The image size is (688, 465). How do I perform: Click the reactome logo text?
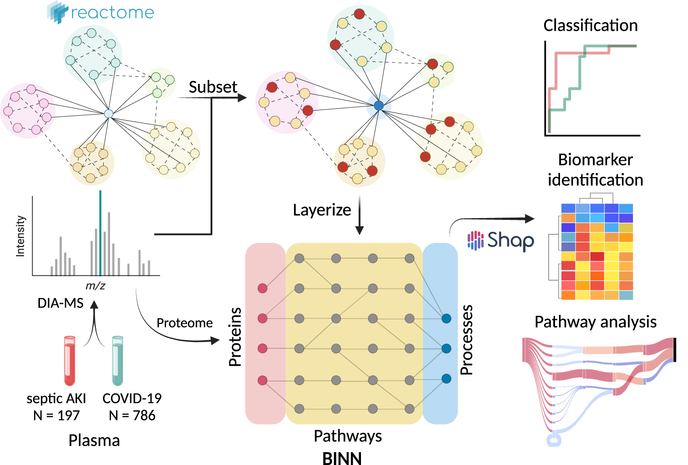(x=112, y=13)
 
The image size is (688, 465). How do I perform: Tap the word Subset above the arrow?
(x=213, y=87)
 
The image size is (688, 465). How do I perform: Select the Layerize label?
(x=322, y=210)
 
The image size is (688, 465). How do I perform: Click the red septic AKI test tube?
(x=70, y=361)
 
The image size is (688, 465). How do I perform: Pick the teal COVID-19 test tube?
(x=118, y=361)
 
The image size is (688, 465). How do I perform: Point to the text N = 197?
(x=56, y=415)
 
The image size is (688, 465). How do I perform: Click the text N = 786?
(x=132, y=415)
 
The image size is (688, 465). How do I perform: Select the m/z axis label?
(x=95, y=286)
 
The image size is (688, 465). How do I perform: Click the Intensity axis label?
(x=21, y=236)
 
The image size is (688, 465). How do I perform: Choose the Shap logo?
(x=501, y=240)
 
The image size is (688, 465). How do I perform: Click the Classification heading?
(x=590, y=25)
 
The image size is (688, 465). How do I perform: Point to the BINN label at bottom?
(x=342, y=458)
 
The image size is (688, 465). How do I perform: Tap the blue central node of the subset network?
(x=378, y=106)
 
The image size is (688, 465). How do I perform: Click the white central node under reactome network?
(x=109, y=113)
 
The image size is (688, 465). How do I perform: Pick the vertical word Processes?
(x=466, y=340)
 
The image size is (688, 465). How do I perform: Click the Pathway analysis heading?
(x=595, y=322)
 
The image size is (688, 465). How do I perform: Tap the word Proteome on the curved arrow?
(x=184, y=323)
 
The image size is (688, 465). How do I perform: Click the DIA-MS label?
(x=61, y=303)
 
